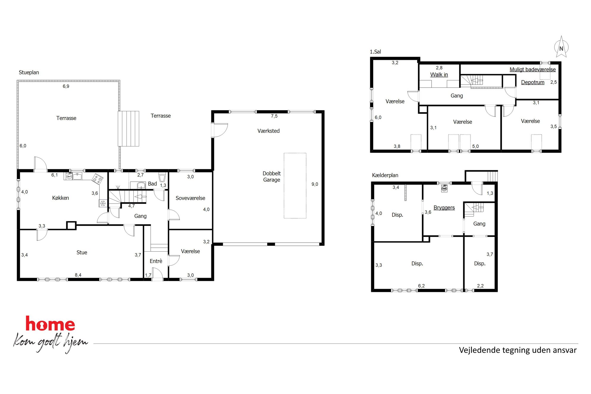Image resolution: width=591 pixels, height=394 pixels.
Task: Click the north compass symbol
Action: tap(561, 47)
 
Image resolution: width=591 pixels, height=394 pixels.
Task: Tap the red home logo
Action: tap(50, 324)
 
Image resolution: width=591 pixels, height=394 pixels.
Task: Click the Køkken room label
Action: tap(60, 198)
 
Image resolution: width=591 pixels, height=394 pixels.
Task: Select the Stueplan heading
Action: tap(29, 72)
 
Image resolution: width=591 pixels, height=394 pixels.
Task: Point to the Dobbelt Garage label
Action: tap(271, 177)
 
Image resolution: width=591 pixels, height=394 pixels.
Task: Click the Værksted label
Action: tap(268, 131)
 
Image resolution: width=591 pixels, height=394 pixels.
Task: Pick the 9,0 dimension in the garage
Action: tap(315, 184)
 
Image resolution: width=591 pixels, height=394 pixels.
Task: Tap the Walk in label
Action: tap(439, 74)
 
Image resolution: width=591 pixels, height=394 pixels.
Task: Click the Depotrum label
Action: tap(533, 82)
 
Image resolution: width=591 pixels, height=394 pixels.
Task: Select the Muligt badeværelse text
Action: tap(533, 69)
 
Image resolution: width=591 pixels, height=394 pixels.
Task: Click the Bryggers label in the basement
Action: tap(444, 208)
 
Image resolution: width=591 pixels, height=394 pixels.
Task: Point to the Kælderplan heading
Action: tap(385, 175)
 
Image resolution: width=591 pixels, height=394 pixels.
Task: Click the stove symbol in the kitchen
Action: tap(97, 179)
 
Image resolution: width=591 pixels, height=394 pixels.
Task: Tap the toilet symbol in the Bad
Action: tap(162, 177)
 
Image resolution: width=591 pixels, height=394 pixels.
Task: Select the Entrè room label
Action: tap(156, 261)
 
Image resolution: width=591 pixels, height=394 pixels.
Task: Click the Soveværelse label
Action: tap(190, 198)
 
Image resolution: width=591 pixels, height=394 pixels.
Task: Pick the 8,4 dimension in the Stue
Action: tap(78, 275)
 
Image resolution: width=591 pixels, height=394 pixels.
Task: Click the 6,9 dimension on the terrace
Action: tap(66, 86)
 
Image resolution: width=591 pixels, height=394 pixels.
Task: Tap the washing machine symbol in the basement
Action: tap(444, 189)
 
